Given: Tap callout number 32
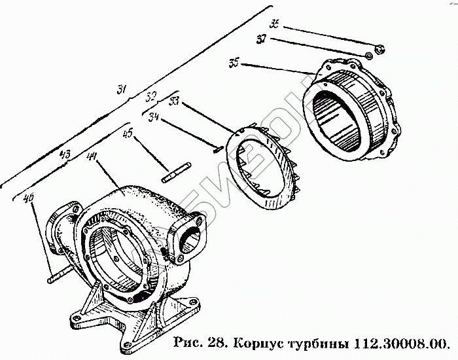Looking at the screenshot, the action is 151,96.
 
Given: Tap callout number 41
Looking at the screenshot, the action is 90,157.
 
